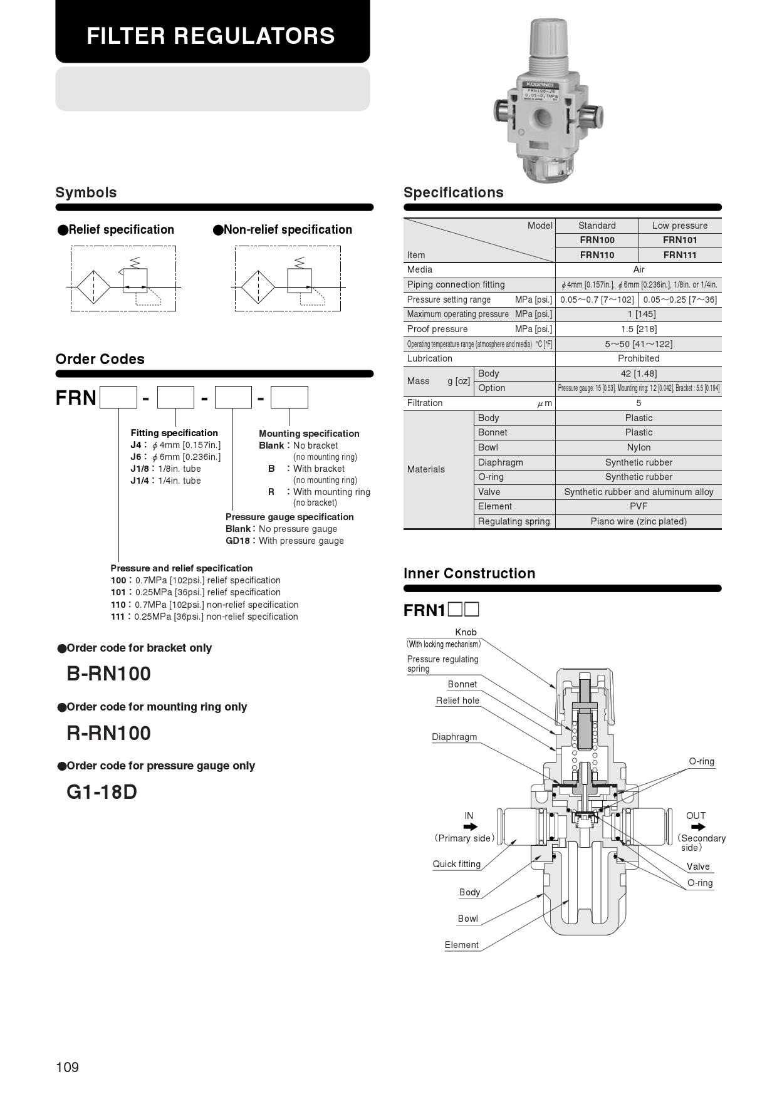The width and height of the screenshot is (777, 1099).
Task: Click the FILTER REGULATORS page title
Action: pos(211,36)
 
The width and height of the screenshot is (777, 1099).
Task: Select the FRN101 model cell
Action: pos(680,240)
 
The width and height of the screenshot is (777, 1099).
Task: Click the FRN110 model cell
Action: pos(597,254)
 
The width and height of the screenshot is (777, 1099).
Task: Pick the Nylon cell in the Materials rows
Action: pos(639,447)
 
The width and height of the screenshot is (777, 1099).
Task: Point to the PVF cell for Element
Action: pos(639,506)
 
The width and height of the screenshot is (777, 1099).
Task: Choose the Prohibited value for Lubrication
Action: pos(639,358)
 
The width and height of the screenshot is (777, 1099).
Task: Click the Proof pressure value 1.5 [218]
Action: pos(639,329)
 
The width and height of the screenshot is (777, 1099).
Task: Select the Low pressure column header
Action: pos(680,226)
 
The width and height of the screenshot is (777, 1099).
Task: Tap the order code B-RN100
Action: pos(108,674)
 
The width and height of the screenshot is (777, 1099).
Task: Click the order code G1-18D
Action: pos(102,792)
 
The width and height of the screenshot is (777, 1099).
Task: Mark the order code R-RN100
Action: pos(108,733)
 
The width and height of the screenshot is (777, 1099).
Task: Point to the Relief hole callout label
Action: pos(457,701)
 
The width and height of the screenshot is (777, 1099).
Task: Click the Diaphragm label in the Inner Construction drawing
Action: pos(454,737)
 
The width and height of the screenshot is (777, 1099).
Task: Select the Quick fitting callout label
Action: pos(456,864)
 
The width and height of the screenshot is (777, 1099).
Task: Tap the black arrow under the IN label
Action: pos(469,827)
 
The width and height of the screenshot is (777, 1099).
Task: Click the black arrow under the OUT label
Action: pos(697,827)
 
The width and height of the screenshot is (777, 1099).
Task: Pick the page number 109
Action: pos(67,1068)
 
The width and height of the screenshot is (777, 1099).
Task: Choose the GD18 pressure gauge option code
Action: pos(237,541)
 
